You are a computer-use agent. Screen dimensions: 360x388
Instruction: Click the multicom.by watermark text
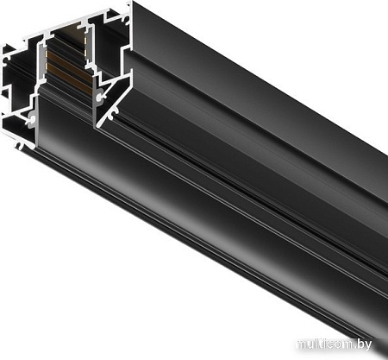[341, 345]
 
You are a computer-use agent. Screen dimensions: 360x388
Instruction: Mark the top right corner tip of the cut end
[132, 3]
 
